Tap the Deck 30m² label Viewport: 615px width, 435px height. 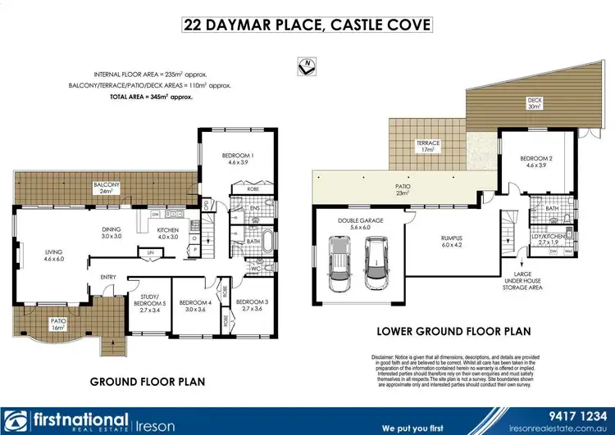pos(535,103)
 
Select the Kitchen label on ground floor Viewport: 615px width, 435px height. pos(169,233)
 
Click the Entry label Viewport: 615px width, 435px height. pos(109,277)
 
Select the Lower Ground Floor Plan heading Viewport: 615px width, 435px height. pos(453,332)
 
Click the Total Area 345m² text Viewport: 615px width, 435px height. pos(151,97)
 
